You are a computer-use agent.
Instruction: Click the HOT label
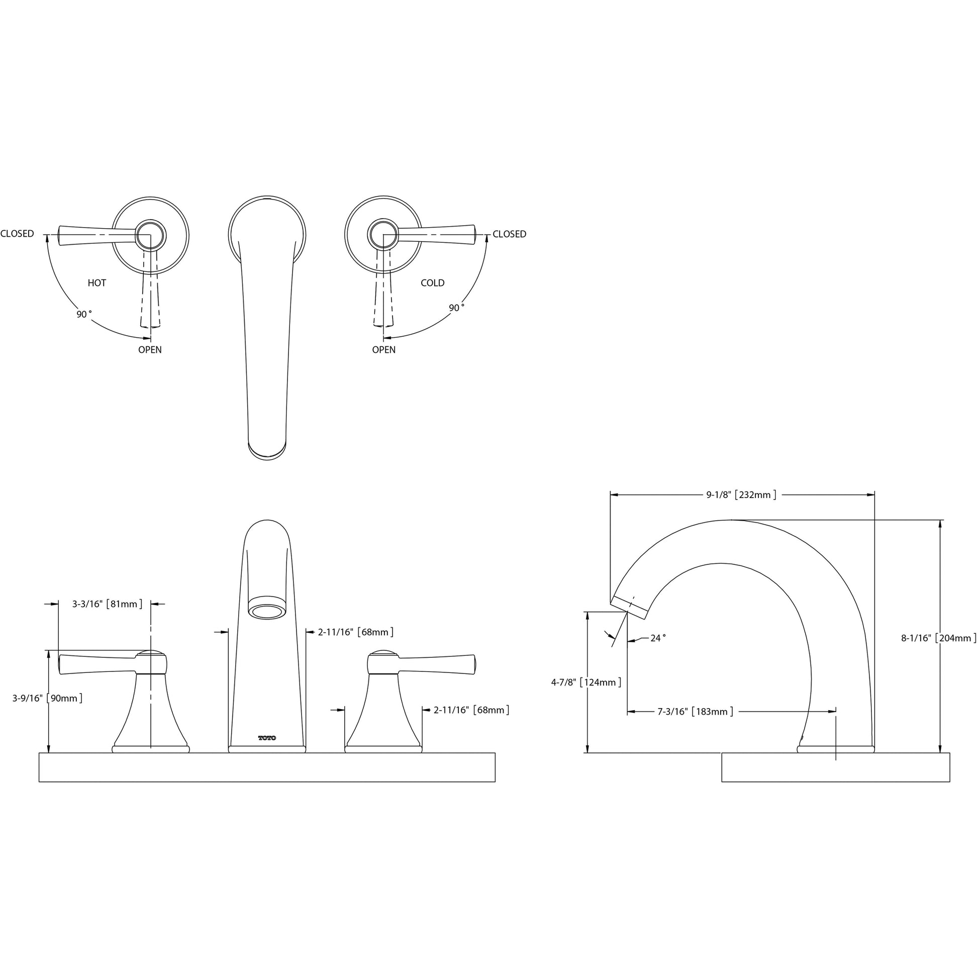pyautogui.click(x=96, y=283)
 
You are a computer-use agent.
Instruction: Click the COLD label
pyautogui.click(x=432, y=283)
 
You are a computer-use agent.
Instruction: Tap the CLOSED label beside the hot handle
pyautogui.click(x=17, y=234)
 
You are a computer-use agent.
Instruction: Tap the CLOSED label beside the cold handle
pyautogui.click(x=509, y=234)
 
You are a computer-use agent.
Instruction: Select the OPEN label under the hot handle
pyautogui.click(x=150, y=350)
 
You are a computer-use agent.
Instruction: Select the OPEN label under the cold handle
pyautogui.click(x=383, y=350)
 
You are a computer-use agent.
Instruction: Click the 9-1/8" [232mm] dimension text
pyautogui.click(x=742, y=495)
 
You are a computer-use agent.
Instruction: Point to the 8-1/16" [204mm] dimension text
pyautogui.click(x=938, y=638)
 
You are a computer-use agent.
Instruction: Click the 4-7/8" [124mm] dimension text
pyautogui.click(x=586, y=682)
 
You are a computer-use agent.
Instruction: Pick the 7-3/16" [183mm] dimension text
pyautogui.click(x=696, y=712)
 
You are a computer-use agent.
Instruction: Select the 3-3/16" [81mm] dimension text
pyautogui.click(x=108, y=604)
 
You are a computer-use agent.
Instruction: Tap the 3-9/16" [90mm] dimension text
pyautogui.click(x=48, y=699)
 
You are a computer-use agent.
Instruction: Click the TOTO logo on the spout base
pyautogui.click(x=267, y=738)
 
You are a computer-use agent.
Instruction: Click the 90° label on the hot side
pyautogui.click(x=84, y=315)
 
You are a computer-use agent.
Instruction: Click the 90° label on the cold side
pyautogui.click(x=457, y=308)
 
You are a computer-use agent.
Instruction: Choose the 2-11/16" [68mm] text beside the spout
pyautogui.click(x=356, y=632)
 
